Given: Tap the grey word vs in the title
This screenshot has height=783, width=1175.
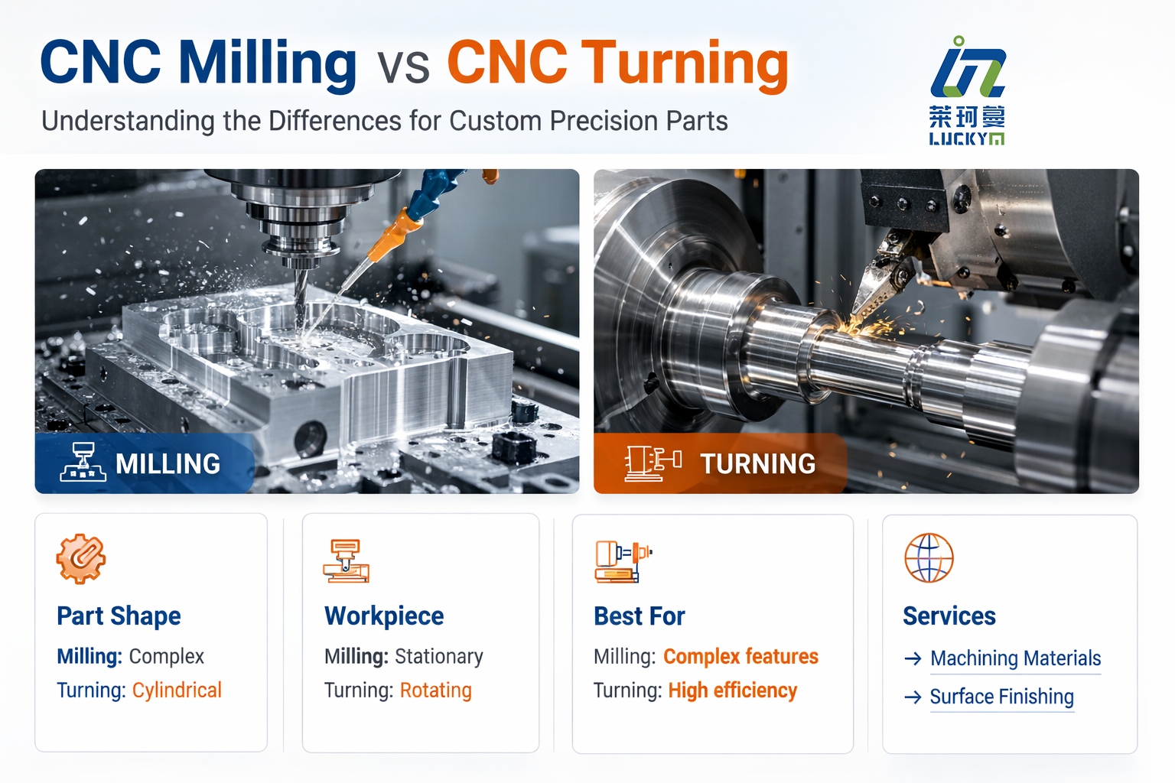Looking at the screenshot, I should (402, 67).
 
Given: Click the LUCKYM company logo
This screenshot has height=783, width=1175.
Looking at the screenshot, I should (967, 90).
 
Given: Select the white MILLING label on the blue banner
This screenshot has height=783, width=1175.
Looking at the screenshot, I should (168, 464).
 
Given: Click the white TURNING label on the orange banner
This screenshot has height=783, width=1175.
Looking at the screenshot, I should (757, 464).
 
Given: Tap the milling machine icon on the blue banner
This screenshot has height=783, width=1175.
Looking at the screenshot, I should (83, 462).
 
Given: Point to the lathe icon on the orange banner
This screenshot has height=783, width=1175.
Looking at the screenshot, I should (653, 463).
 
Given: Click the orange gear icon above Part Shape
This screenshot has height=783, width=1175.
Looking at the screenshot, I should (81, 559).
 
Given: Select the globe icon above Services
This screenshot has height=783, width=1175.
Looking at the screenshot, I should (929, 558).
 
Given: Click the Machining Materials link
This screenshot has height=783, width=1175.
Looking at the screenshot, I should (1015, 658).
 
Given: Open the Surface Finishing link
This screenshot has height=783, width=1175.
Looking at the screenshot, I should (1001, 697).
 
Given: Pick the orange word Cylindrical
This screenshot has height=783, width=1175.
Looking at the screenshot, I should (177, 690).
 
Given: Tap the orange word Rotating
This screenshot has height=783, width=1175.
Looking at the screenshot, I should (435, 690).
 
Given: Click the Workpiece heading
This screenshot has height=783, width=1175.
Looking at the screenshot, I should (384, 616).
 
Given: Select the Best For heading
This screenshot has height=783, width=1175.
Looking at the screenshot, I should (640, 616).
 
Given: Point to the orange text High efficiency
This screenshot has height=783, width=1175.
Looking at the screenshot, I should (732, 690).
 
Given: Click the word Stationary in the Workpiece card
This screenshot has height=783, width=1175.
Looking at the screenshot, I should (439, 657).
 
